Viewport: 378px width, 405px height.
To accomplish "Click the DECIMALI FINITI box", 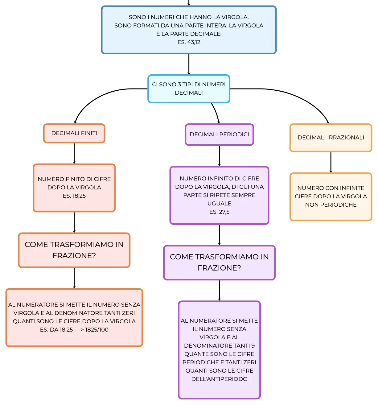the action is (x=74, y=133).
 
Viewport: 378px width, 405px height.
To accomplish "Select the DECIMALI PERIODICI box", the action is (x=219, y=134).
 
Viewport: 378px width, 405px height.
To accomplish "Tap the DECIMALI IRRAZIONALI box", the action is (x=331, y=138).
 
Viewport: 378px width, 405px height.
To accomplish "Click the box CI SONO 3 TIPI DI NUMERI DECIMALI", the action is (x=189, y=89).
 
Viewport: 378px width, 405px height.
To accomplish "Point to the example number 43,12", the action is (x=194, y=42).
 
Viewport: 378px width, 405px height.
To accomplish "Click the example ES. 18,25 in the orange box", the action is (x=74, y=196).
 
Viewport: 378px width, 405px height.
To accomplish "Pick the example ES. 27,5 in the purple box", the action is (x=219, y=212).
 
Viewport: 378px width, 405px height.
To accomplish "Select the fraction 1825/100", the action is (x=97, y=329).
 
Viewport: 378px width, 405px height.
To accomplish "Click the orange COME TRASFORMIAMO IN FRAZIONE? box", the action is (x=74, y=250).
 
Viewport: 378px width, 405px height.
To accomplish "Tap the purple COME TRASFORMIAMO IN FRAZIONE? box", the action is (x=219, y=262).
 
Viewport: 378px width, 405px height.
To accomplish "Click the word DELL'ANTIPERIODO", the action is (x=219, y=379).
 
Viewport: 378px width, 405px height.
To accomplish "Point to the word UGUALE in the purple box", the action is (x=219, y=204).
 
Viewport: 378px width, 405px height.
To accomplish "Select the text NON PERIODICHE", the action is (x=331, y=205).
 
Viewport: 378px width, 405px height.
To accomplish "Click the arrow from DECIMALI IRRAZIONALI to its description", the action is (x=331, y=162).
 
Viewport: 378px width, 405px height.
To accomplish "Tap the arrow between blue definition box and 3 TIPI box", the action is (x=189, y=64).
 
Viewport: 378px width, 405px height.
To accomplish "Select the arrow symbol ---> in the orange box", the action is (x=79, y=329).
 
